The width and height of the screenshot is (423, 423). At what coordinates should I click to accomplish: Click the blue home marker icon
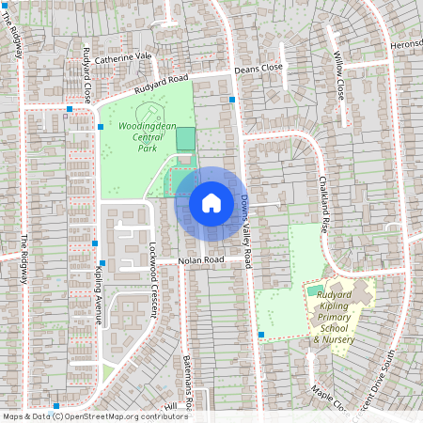coord(211,202)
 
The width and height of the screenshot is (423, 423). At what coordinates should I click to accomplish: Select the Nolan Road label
coord(202,259)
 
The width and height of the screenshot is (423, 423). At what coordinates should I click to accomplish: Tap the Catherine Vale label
coord(122,56)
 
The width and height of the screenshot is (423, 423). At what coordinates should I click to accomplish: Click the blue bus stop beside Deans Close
coord(232,99)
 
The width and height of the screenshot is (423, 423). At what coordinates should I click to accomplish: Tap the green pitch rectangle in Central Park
coord(186,138)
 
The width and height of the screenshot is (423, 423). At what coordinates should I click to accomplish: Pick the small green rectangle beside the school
coord(316,291)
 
